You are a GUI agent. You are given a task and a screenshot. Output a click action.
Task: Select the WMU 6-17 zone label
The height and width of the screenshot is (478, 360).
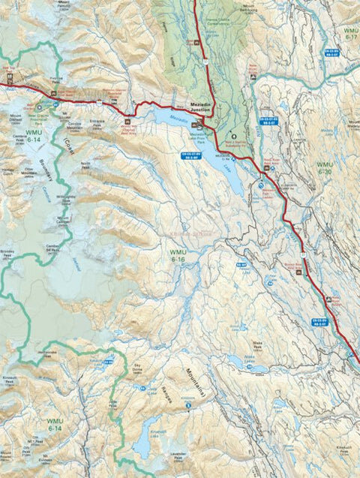click(x=348, y=32)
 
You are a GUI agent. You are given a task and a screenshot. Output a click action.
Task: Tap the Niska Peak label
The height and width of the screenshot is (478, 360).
click(x=262, y=341)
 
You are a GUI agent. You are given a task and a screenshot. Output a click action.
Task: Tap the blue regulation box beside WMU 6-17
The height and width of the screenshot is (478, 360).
click(x=333, y=52)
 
